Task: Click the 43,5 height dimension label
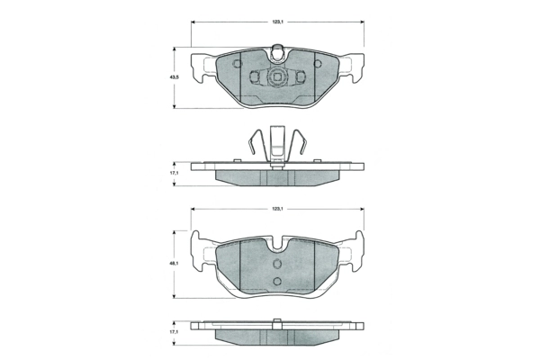pyautogui.click(x=175, y=77)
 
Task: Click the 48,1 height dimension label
pyautogui.click(x=175, y=264)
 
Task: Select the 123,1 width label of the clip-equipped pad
pyautogui.click(x=277, y=22)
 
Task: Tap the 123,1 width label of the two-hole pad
pyautogui.click(x=277, y=209)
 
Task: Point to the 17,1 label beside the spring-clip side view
pyautogui.click(x=175, y=174)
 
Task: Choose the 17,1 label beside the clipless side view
pyautogui.click(x=175, y=332)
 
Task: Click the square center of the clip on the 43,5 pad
pyautogui.click(x=277, y=76)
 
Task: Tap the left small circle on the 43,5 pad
pyautogui.click(x=237, y=64)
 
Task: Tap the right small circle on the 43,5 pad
pyautogui.click(x=318, y=64)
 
